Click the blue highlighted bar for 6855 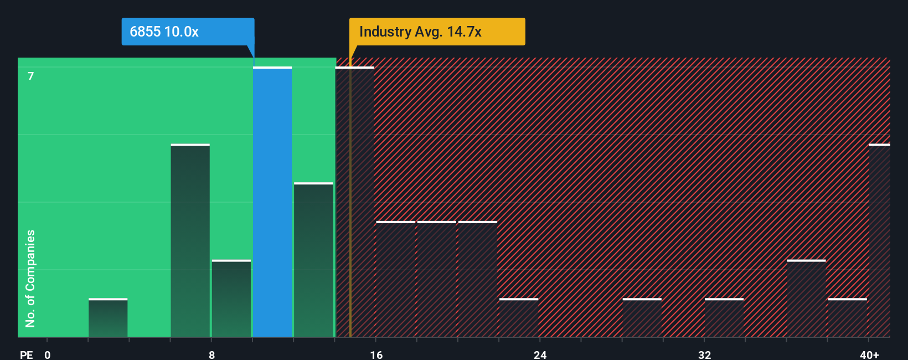click(272, 202)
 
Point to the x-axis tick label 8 click(212, 354)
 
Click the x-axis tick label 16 click(376, 354)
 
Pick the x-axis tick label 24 click(540, 354)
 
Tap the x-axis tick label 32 click(704, 354)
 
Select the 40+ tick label click(869, 354)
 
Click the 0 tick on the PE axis click(48, 354)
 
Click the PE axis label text click(27, 354)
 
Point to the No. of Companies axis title click(30, 278)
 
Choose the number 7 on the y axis click(31, 76)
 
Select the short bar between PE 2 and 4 click(108, 318)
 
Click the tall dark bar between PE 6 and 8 click(190, 241)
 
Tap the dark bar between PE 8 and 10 click(231, 299)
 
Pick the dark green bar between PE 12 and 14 click(313, 260)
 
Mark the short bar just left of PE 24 click(519, 318)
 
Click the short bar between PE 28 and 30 click(642, 318)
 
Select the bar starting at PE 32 click(724, 318)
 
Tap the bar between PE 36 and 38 click(806, 299)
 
